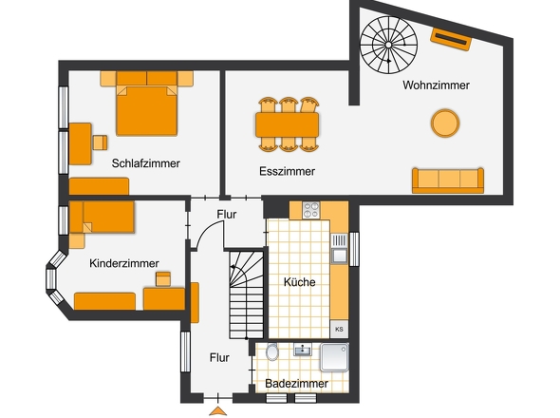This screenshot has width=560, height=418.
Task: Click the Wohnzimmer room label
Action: pos(436,85)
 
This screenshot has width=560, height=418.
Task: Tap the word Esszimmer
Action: pos(287,172)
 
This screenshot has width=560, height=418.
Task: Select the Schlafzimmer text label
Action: pos(145,163)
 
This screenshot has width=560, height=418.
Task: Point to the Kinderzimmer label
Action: pos(124,263)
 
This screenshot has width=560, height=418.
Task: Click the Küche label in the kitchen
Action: pos(300,282)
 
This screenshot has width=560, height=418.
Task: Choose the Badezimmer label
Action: pos(297,384)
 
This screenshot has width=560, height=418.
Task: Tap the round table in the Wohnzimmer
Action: pos(445,123)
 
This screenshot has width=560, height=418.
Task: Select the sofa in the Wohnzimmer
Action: pos(447,180)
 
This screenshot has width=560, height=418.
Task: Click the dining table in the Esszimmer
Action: pos(287,124)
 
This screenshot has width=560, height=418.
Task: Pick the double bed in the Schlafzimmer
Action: pos(146,109)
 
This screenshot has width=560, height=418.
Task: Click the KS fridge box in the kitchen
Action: pos(339,328)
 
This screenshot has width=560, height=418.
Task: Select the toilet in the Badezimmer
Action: pos(272,353)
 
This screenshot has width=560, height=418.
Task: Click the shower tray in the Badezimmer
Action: pos(335,357)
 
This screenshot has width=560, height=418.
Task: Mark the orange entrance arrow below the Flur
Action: pos(218,410)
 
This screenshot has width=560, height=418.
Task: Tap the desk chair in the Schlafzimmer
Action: pos(99,142)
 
